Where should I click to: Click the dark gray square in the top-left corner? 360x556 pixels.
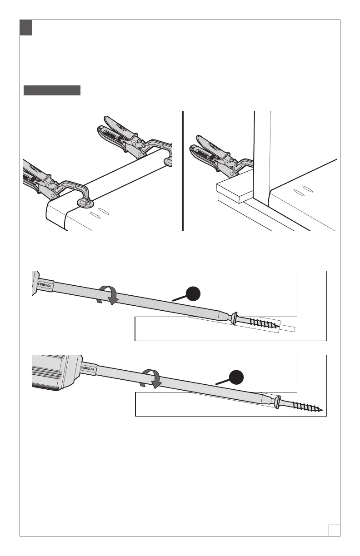coord(26,28)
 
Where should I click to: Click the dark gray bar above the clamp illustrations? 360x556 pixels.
coord(52,90)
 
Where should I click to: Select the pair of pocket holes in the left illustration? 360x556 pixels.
coord(99,212)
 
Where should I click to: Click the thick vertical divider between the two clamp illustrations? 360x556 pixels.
coord(182,171)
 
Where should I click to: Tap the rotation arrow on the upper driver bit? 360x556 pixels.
coord(109,296)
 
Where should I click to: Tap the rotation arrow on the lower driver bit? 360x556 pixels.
coord(151,379)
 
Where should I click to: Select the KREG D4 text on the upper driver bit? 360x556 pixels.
coord(45,285)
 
